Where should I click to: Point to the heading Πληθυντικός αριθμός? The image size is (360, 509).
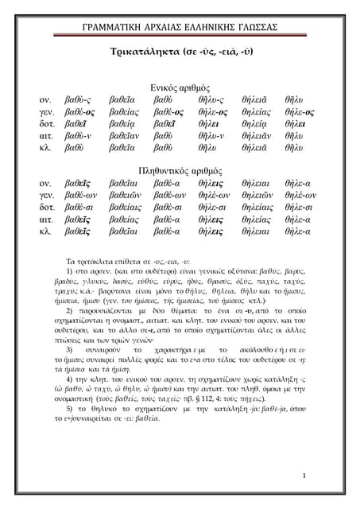180,170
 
